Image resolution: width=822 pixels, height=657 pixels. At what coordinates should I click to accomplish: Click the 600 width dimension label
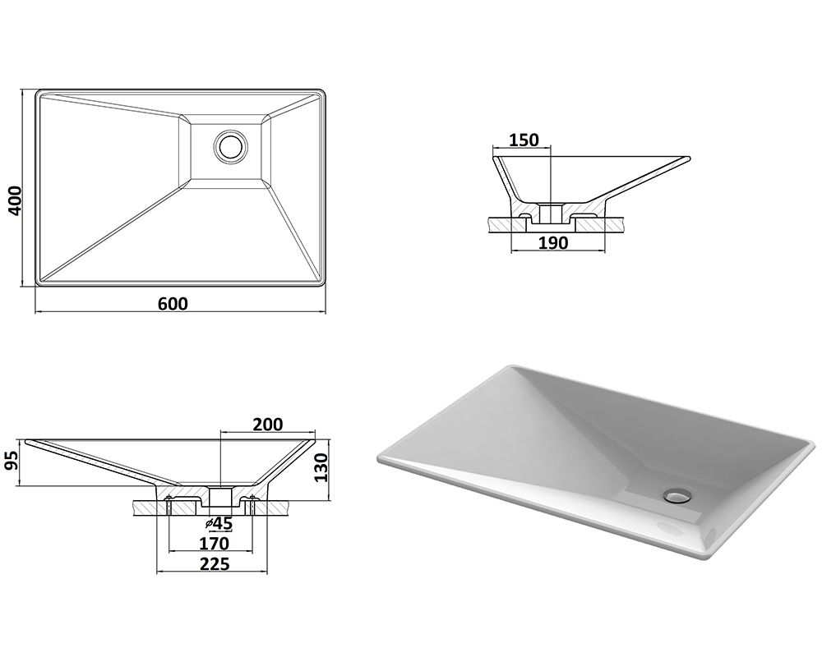coord(173,303)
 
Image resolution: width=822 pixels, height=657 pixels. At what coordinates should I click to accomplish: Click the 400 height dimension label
coord(16,200)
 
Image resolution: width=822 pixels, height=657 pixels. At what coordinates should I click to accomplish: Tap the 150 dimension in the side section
coord(524,140)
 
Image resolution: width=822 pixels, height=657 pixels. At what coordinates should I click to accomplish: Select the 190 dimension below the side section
coord(553,242)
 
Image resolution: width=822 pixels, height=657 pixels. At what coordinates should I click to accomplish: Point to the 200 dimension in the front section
coord(267,424)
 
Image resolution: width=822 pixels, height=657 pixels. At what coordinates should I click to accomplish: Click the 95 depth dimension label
coord(11,461)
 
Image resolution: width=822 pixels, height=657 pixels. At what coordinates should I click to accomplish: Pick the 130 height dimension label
coord(321,468)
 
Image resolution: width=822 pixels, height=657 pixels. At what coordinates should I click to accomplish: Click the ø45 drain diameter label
coord(219,523)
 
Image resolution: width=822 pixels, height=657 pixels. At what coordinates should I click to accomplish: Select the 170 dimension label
coord(214,544)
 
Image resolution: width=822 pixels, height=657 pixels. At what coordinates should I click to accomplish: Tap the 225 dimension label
coord(215,563)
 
